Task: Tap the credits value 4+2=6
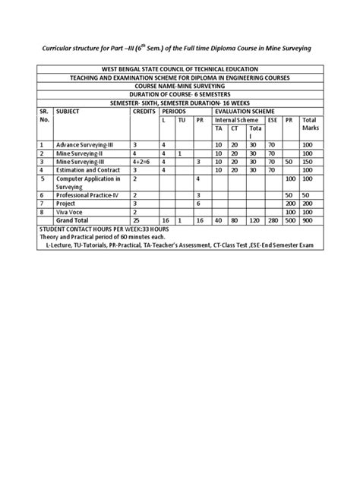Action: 144,161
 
